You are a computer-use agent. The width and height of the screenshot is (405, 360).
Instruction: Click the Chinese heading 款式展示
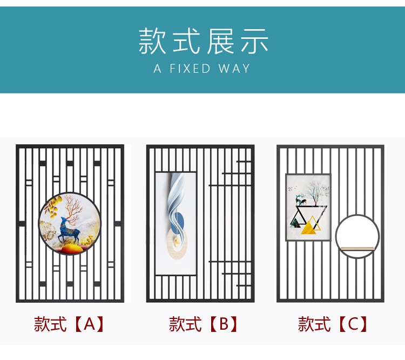click(202, 42)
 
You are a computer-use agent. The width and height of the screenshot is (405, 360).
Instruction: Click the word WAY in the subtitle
click(234, 69)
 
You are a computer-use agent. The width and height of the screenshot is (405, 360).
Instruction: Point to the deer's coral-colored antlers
click(70, 208)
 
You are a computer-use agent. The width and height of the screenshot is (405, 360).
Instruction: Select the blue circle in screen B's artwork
click(182, 221)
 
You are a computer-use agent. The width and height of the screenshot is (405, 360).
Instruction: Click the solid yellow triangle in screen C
click(309, 228)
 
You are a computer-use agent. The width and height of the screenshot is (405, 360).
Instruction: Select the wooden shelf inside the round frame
click(357, 248)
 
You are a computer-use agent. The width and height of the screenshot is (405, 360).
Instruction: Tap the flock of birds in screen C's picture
click(294, 189)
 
